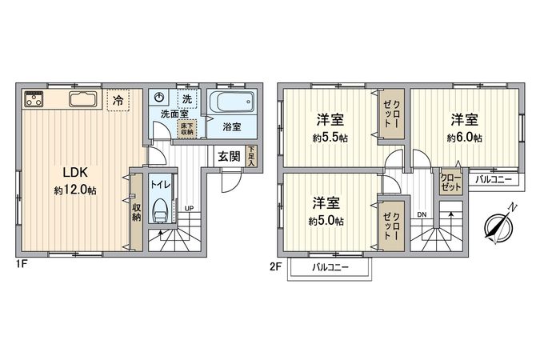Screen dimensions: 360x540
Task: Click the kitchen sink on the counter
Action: click(x=84, y=100)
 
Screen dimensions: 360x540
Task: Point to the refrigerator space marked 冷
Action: click(x=118, y=101)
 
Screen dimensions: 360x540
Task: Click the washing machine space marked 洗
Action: click(x=186, y=98)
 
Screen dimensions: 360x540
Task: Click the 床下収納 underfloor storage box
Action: click(x=186, y=128)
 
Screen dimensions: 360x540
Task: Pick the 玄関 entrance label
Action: click(x=229, y=156)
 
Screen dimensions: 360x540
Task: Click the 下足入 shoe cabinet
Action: click(x=251, y=156)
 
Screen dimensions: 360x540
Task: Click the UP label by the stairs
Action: click(x=190, y=209)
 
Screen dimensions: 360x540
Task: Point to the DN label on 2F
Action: click(x=422, y=213)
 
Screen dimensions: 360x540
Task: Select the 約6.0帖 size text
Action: click(x=464, y=138)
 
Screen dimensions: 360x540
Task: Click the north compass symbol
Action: click(x=499, y=226)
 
